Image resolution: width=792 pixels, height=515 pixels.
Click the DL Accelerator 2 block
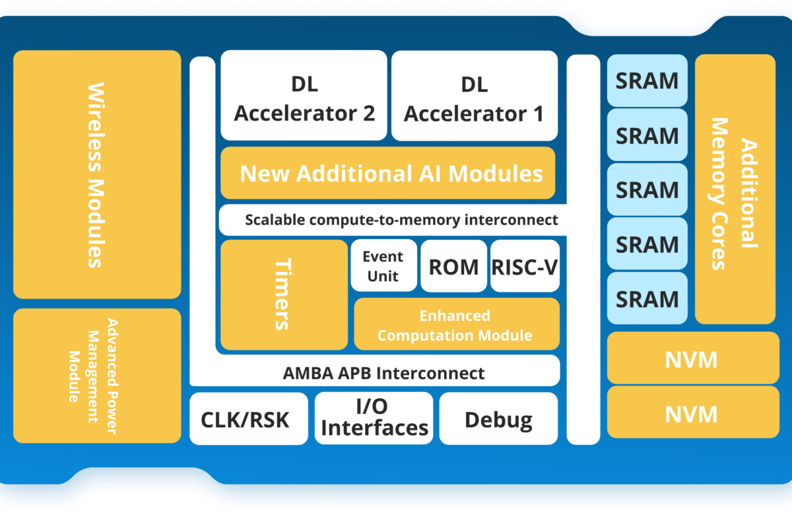click(x=304, y=96)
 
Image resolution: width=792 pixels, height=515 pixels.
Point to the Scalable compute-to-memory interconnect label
click(x=401, y=220)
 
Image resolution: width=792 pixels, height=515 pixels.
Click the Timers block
click(x=283, y=294)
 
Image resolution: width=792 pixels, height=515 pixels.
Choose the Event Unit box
click(x=383, y=266)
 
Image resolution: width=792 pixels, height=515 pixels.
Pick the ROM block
click(x=453, y=266)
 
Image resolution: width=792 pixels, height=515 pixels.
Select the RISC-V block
click(x=525, y=266)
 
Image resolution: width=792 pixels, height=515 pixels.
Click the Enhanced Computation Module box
click(x=456, y=324)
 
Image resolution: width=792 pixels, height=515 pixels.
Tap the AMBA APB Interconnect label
click(x=383, y=372)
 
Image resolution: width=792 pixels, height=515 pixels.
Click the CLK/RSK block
click(x=248, y=419)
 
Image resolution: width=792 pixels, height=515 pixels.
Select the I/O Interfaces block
click(x=374, y=419)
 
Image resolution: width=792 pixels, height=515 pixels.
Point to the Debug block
click(x=498, y=419)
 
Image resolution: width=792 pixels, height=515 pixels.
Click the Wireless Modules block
click(x=96, y=174)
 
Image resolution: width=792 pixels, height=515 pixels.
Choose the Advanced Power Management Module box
click(x=96, y=376)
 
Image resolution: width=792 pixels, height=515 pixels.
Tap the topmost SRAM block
click(x=647, y=81)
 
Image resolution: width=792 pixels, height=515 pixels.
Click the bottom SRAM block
click(x=647, y=298)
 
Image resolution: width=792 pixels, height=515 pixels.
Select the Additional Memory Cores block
click(x=735, y=189)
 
